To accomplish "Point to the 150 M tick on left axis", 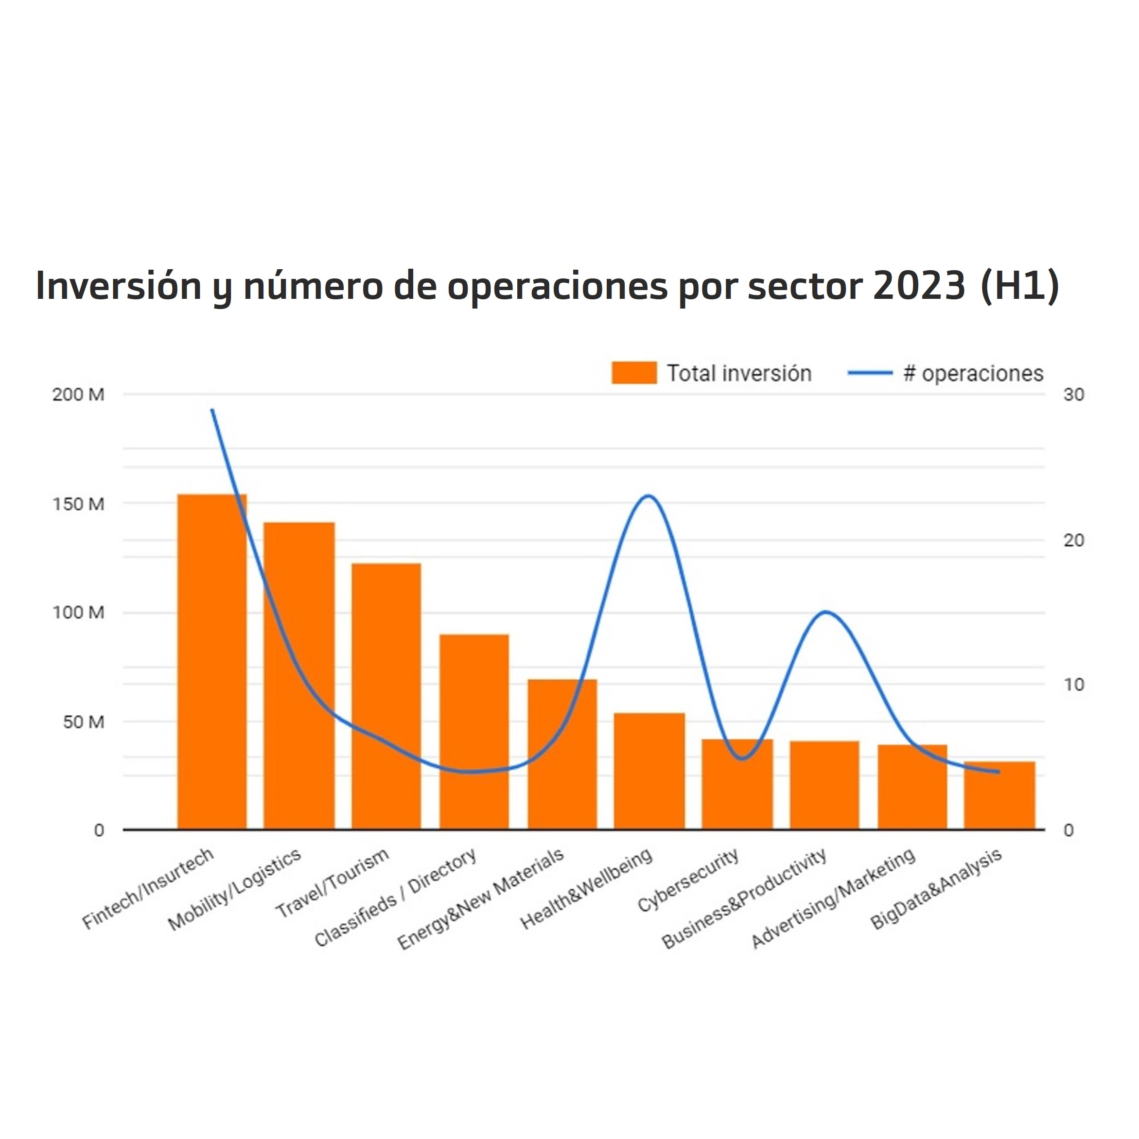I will (78, 504).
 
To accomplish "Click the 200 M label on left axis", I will (78, 395).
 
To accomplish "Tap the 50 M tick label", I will (83, 722).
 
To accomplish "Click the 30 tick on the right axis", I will (1073, 395).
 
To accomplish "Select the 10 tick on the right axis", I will (1073, 685).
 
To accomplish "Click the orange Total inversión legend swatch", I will (634, 373).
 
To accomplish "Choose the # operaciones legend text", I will (973, 373).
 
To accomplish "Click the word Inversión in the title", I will (119, 286).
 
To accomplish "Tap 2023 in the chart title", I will (918, 286).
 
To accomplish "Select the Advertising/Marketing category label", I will (833, 899).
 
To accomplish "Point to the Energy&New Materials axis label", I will (481, 899).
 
